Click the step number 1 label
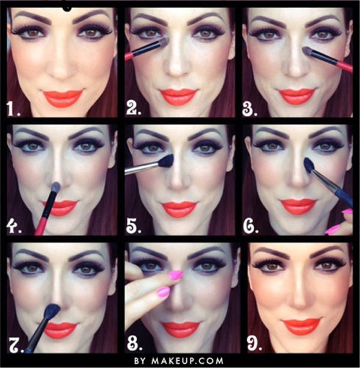(13, 109)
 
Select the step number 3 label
(250, 109)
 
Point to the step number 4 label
(14, 226)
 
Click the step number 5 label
(133, 226)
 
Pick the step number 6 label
(251, 226)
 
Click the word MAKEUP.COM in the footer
(188, 360)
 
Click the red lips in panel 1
(63, 98)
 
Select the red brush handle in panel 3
(344, 67)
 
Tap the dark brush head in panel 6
(309, 164)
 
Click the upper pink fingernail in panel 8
(175, 275)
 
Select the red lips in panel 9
(302, 326)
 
